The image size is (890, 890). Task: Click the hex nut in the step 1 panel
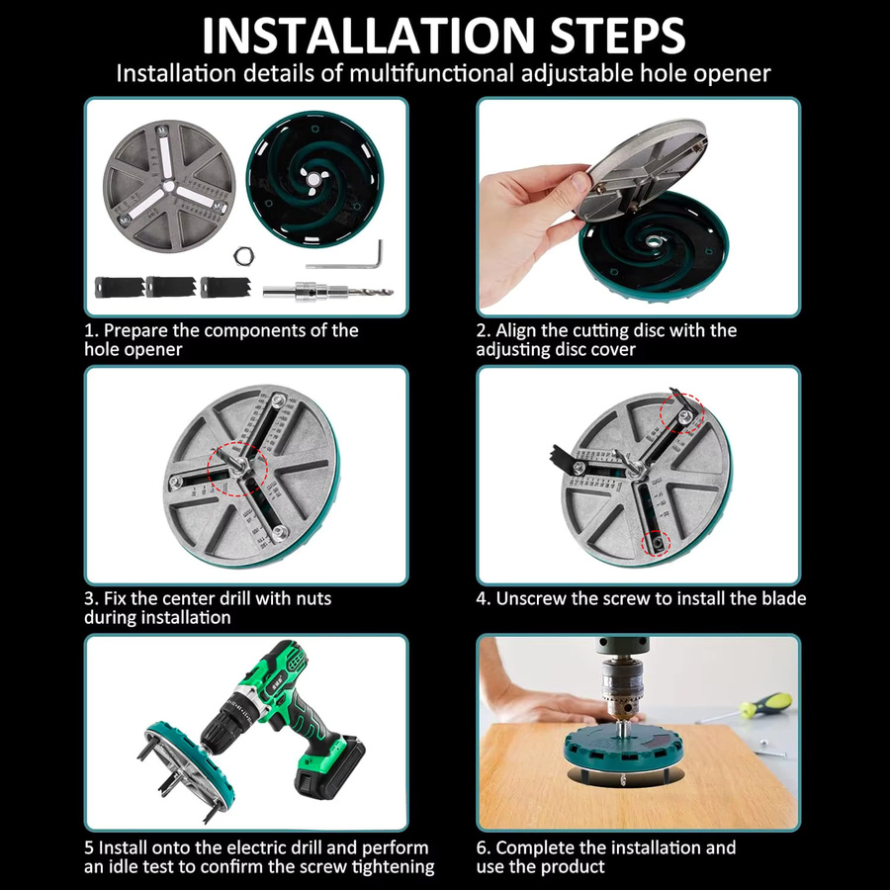click(243, 255)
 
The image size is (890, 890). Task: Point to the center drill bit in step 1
click(328, 292)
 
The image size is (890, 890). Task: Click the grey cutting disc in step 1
click(169, 186)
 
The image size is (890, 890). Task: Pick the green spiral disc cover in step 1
click(314, 179)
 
